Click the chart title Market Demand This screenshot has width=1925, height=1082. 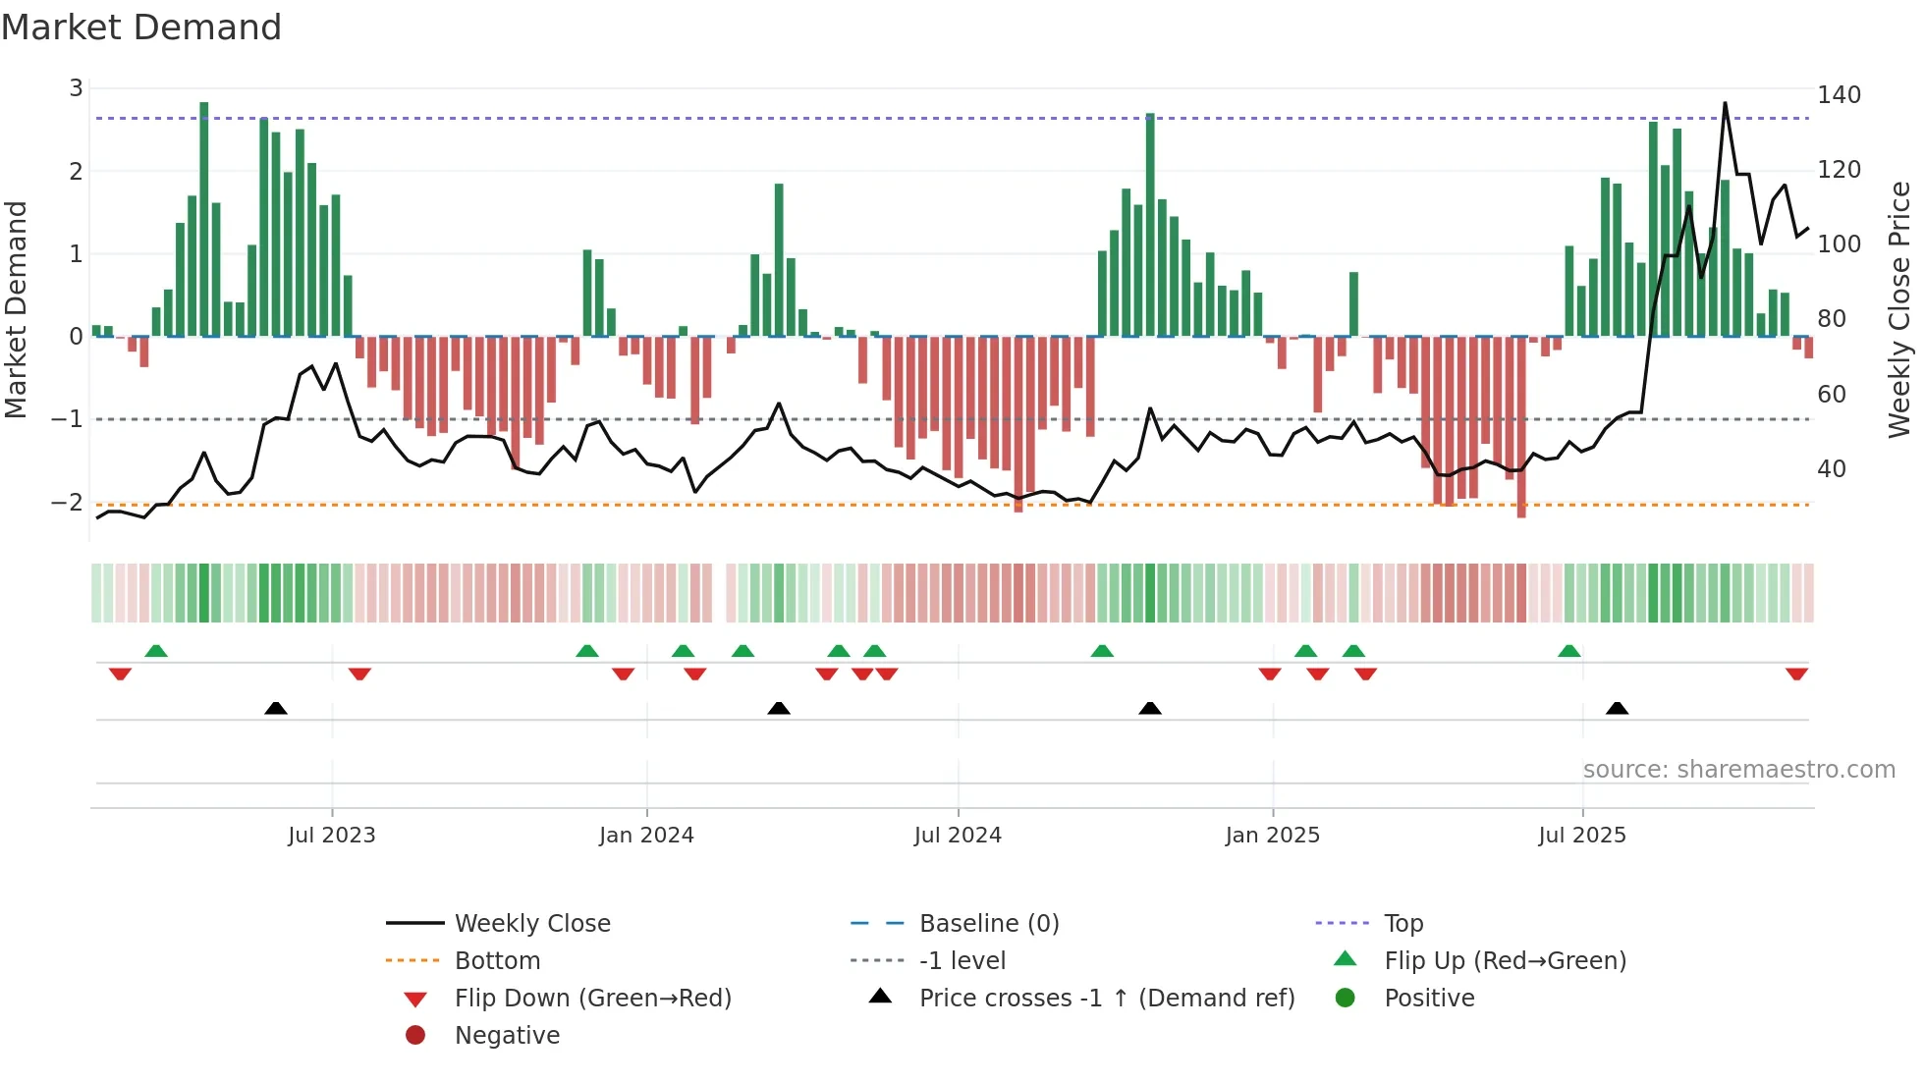tap(141, 27)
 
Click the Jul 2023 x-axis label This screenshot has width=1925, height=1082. tap(332, 835)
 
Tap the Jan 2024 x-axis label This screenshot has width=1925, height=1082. tap(646, 835)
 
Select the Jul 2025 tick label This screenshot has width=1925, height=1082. tap(1582, 835)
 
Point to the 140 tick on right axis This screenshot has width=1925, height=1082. tap(1839, 95)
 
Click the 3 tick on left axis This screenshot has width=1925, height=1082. tap(76, 88)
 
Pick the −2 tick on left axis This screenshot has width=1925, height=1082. tap(68, 502)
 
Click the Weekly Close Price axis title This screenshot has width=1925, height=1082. tap(1899, 309)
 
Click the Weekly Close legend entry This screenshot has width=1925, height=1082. tap(531, 923)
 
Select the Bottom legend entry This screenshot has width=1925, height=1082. tap(497, 960)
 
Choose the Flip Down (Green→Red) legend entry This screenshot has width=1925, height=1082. tap(592, 998)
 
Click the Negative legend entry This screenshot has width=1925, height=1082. tap(507, 1035)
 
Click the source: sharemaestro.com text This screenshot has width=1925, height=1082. tap(1738, 769)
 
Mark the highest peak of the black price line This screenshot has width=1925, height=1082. tap(1725, 103)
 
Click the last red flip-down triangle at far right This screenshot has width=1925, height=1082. tap(1796, 674)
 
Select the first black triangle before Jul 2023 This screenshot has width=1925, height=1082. tap(276, 708)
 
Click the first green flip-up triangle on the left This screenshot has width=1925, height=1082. tap(156, 651)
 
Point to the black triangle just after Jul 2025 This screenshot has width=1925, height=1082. tap(1617, 708)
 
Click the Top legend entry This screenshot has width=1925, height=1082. tap(1403, 923)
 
